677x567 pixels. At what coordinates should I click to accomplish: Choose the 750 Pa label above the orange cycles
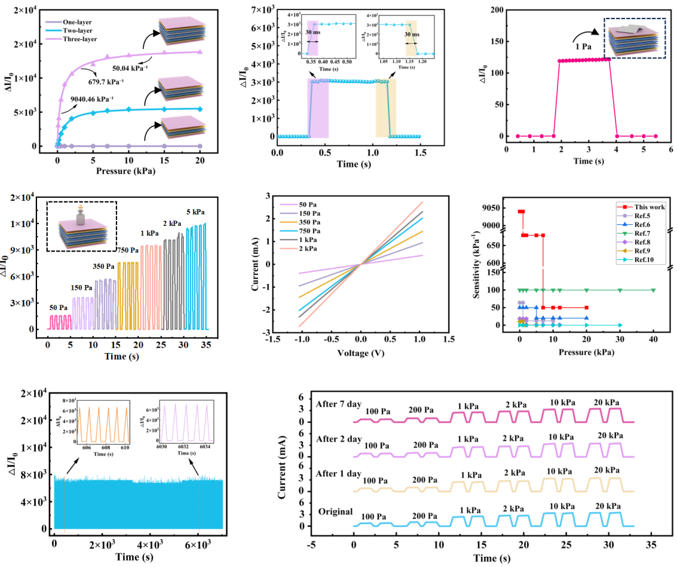127,250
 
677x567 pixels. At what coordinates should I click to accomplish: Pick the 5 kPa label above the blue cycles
195,213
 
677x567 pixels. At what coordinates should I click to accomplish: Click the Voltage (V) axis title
359,353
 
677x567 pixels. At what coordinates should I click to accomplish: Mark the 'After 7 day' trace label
337,404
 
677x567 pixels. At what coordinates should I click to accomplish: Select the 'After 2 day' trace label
337,439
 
